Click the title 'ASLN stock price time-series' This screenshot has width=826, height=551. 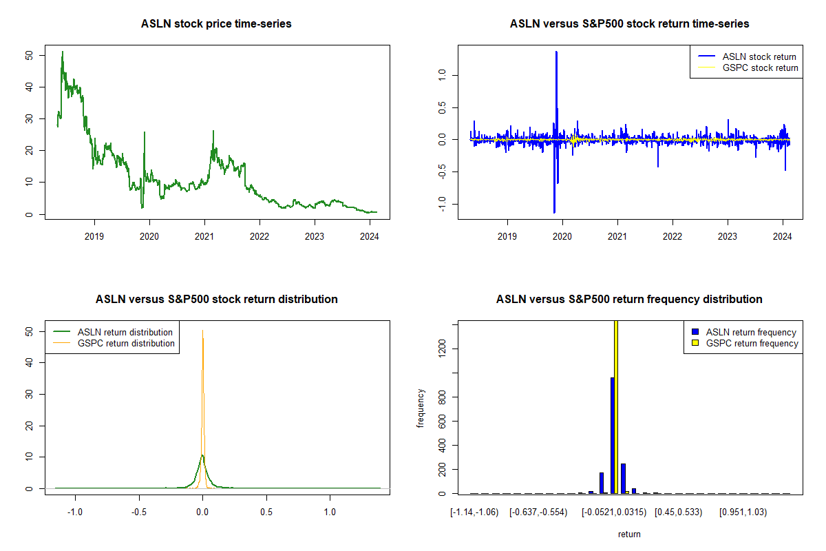(x=216, y=23)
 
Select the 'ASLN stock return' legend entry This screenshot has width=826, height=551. (x=747, y=57)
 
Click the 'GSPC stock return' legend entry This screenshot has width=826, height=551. (x=748, y=68)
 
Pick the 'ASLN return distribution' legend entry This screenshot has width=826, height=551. (x=113, y=332)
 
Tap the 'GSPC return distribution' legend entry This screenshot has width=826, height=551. (x=114, y=343)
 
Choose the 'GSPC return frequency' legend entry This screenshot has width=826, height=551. (x=745, y=343)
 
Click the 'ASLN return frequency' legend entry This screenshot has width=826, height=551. (x=744, y=332)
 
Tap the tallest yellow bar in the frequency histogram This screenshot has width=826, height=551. (x=616, y=407)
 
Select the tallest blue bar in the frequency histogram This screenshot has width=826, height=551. (x=613, y=435)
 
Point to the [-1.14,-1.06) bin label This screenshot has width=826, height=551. (x=474, y=512)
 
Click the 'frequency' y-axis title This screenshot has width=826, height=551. (x=421, y=408)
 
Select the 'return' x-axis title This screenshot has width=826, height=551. (x=629, y=534)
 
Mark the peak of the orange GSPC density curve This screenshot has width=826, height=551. (x=202, y=331)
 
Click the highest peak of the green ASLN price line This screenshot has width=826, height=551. (x=63, y=52)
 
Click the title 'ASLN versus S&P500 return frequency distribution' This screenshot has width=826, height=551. (x=629, y=299)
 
